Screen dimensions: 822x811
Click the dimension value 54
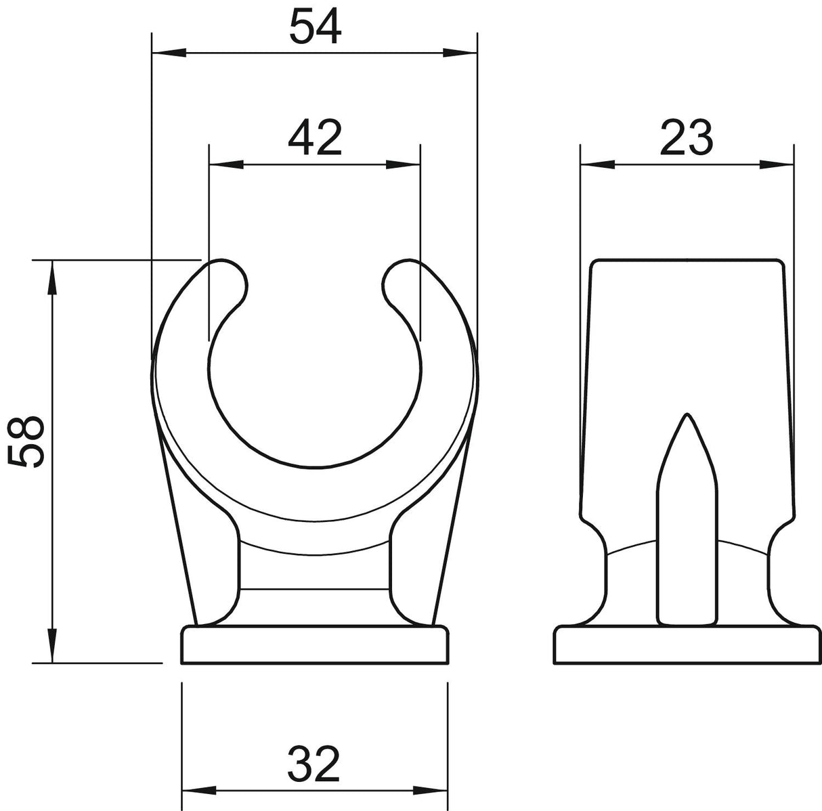coord(316,28)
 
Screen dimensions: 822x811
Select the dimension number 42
coord(315,139)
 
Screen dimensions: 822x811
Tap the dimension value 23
coord(686,139)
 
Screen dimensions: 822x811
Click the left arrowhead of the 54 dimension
coord(169,53)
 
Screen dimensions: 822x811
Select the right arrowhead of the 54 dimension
coord(460,53)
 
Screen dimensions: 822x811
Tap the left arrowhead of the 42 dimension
coord(227,165)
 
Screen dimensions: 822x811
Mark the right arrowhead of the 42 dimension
coord(403,165)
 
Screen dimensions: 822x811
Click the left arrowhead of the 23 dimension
coord(598,165)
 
